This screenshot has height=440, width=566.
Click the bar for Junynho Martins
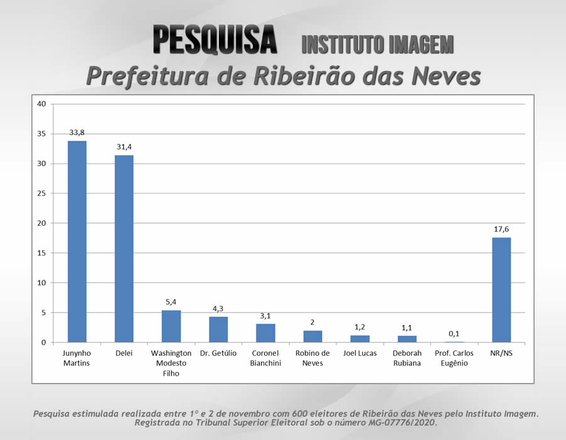coord(77,242)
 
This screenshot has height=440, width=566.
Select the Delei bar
coord(124,249)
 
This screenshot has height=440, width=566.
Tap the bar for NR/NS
coord(501,290)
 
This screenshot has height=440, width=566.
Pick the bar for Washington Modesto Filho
coord(171,326)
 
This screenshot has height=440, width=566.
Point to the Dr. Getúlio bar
coord(218,329)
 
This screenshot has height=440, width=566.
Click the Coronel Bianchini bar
coord(265,333)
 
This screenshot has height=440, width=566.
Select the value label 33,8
coord(77,133)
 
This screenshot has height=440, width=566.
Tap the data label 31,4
coord(124,147)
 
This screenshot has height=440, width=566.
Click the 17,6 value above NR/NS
coord(501,229)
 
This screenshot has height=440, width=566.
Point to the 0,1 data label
coord(454,334)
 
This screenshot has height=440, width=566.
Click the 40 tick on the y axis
coord(42,104)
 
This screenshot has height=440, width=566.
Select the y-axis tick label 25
coord(42,194)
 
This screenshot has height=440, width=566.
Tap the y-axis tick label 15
coord(42,253)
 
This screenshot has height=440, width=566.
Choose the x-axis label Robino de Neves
coord(313,358)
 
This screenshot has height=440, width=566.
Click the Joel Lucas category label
coord(360,353)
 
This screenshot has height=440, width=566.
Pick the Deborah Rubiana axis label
coord(407,358)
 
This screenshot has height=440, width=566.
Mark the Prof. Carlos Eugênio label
coord(454,358)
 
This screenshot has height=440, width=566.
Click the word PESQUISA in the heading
coord(215,40)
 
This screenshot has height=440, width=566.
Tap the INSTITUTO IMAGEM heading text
coord(377,44)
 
